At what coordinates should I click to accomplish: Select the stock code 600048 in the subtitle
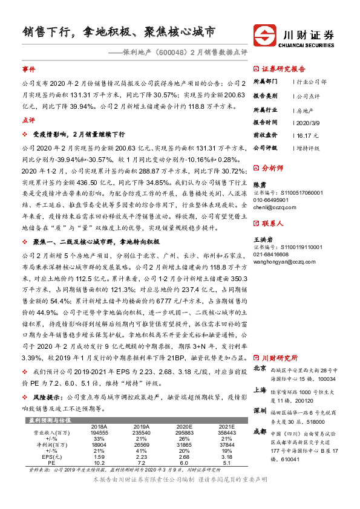[x=173, y=52]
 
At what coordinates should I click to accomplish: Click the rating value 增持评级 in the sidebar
[x=309, y=147]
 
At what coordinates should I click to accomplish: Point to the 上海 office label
[x=260, y=390]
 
